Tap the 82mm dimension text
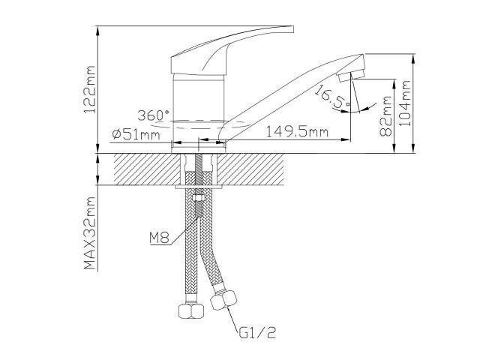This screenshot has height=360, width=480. click(x=386, y=113)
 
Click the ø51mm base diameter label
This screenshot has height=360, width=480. click(x=136, y=134)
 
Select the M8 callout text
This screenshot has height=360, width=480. click(x=158, y=239)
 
